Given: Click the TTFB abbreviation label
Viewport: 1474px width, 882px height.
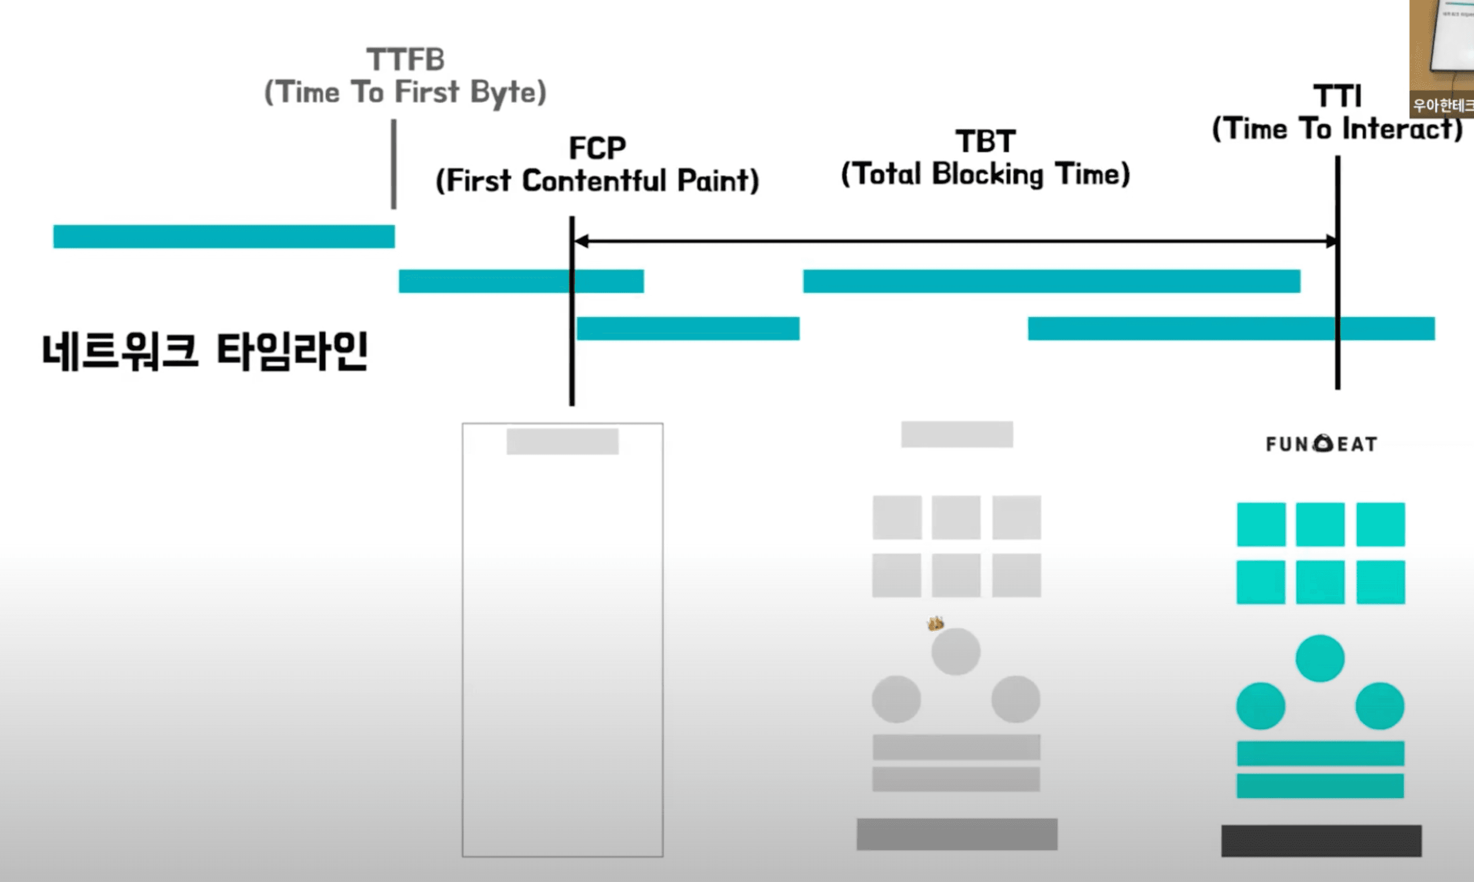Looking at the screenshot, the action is click(406, 59).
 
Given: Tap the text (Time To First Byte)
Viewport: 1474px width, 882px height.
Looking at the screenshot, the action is click(405, 92).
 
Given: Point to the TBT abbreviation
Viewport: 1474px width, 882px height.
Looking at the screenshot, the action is click(986, 142).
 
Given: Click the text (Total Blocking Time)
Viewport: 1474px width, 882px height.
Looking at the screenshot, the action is click(986, 174).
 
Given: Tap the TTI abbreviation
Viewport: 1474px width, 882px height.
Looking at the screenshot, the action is click(1338, 96).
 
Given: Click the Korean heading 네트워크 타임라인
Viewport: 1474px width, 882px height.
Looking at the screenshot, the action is click(205, 352).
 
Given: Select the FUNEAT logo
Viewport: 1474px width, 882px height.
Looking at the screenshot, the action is click(1322, 444).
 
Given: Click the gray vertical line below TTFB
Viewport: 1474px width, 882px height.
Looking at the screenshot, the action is click(393, 164).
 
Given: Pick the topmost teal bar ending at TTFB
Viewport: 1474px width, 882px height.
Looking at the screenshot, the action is click(224, 237).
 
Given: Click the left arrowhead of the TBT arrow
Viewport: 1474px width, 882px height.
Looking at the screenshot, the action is click(580, 241).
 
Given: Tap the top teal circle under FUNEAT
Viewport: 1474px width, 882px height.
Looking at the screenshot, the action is click(1320, 658).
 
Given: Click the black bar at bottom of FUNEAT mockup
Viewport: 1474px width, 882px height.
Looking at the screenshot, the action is click(1322, 840).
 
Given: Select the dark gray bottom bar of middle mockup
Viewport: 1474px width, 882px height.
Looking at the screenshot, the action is click(957, 834).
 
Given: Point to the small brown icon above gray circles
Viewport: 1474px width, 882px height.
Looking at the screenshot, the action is click(935, 623).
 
